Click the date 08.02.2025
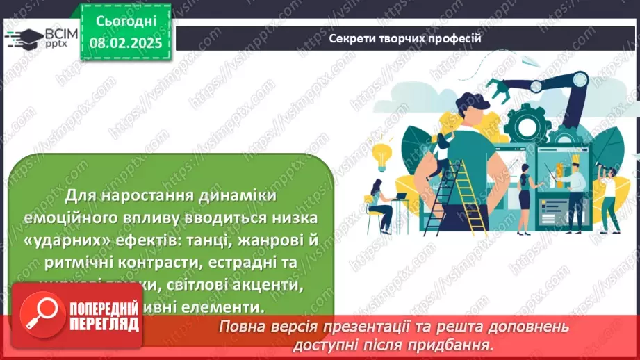point(124,43)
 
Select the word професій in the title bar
point(454,38)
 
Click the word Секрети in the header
point(353,38)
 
